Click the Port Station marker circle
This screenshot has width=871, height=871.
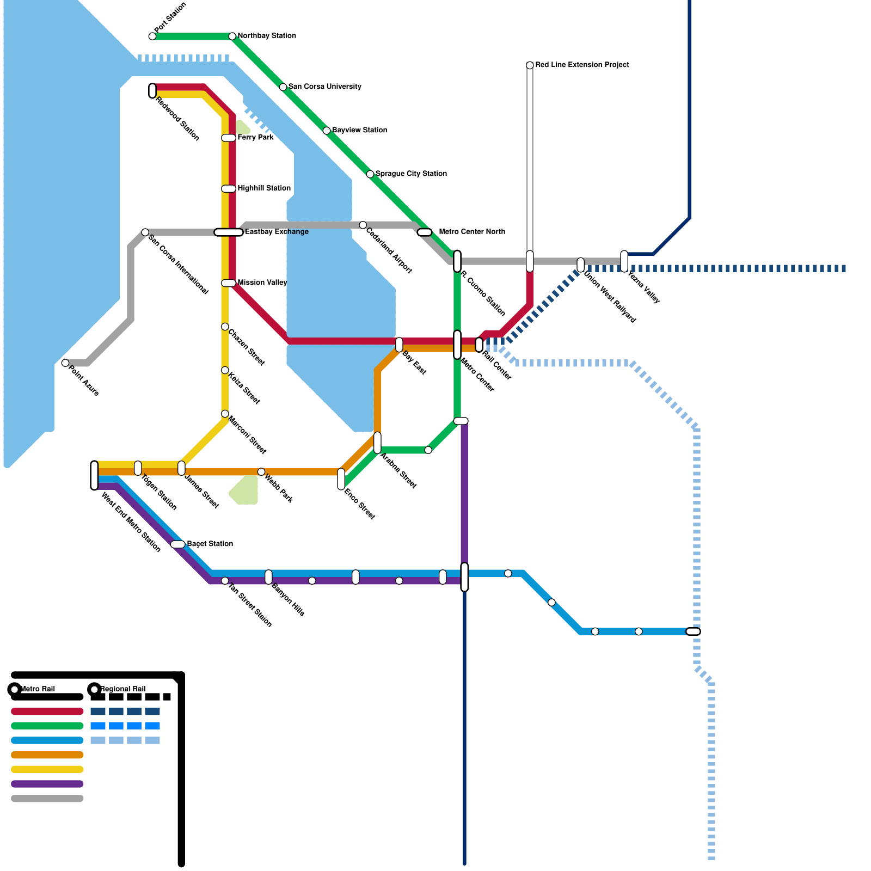click(x=152, y=36)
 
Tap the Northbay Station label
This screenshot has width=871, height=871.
click(x=267, y=36)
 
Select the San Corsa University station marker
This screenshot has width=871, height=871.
click(x=283, y=87)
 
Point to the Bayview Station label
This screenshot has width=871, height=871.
click(x=359, y=130)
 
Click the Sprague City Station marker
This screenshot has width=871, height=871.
click(x=370, y=174)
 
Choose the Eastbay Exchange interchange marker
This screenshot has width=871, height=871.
click(x=229, y=232)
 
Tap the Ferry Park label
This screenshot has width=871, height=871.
click(x=255, y=138)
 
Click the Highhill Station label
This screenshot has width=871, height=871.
click(x=264, y=188)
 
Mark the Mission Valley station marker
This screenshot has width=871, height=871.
click(x=229, y=283)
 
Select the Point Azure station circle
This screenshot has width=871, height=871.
click(x=65, y=363)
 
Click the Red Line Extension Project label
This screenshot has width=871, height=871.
click(x=582, y=65)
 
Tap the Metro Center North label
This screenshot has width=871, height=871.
click(x=471, y=232)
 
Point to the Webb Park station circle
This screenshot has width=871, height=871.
click(x=261, y=472)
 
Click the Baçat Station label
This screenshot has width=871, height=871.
click(x=210, y=544)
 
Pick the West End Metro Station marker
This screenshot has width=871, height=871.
click(x=95, y=475)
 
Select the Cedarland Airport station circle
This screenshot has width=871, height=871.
click(x=363, y=225)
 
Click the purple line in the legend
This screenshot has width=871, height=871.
click(x=47, y=784)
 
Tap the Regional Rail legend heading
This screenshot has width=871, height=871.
click(x=122, y=689)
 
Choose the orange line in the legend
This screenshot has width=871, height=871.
click(x=47, y=755)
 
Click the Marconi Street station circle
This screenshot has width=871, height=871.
click(x=225, y=414)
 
